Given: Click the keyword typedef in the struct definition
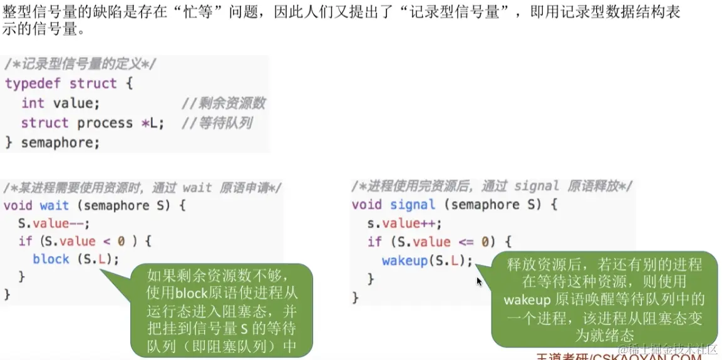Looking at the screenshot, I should pyautogui.click(x=34, y=83).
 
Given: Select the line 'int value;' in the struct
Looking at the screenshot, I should pyautogui.click(x=60, y=103).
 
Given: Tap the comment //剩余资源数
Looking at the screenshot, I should pyautogui.click(x=223, y=103).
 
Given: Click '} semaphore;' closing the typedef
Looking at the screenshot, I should pyautogui.click(x=53, y=143).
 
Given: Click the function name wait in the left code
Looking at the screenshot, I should pyautogui.click(x=54, y=205).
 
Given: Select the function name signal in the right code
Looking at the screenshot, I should pyautogui.click(x=412, y=205).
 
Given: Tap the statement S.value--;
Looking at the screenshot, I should pyautogui.click(x=54, y=224).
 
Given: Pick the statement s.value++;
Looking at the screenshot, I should pyautogui.click(x=405, y=224).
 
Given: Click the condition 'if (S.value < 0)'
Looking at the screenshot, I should pyautogui.click(x=85, y=241).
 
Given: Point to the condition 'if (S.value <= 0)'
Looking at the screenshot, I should pyautogui.click(x=440, y=242).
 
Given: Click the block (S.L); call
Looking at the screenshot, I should pyautogui.click(x=75, y=259).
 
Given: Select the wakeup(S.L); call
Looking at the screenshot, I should pyautogui.click(x=427, y=260).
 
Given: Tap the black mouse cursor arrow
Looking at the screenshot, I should pyautogui.click(x=480, y=282).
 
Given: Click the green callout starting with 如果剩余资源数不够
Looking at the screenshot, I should pyautogui.click(x=222, y=310).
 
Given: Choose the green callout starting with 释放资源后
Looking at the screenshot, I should pyautogui.click(x=604, y=299).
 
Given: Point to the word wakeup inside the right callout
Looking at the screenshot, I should pyautogui.click(x=526, y=299).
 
